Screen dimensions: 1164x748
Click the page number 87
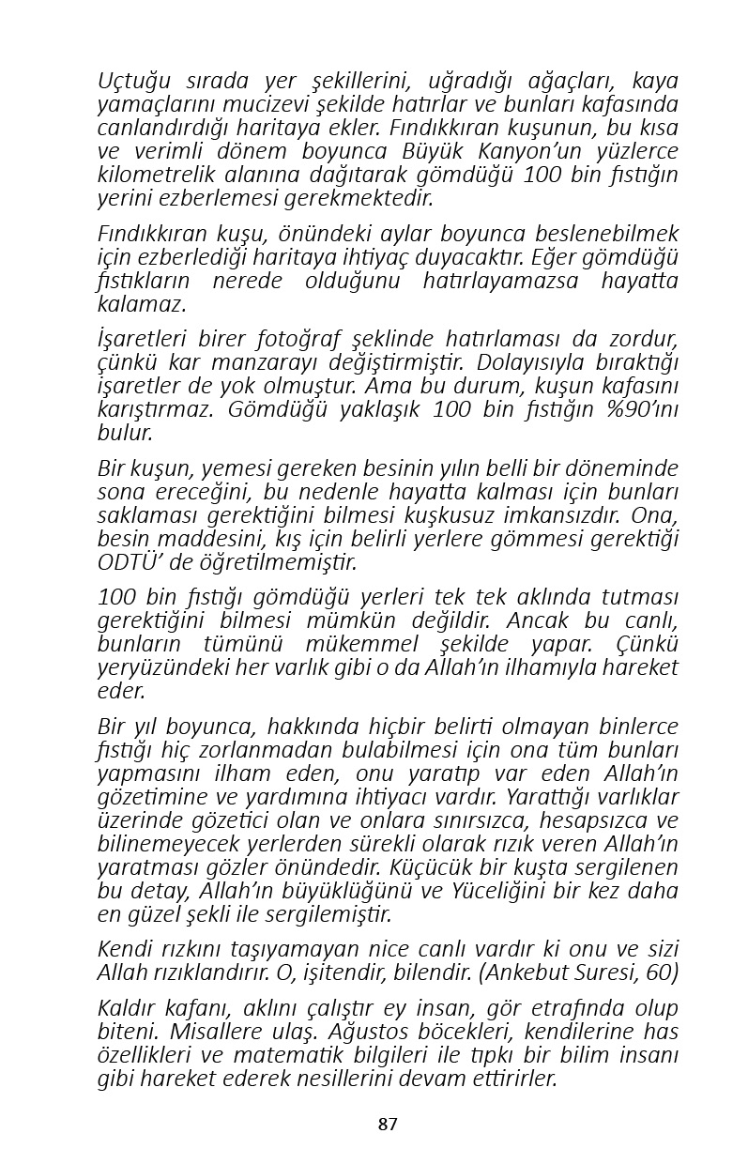click(x=388, y=1124)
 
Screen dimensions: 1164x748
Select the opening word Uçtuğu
click(x=132, y=81)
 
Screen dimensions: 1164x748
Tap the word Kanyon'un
click(x=509, y=151)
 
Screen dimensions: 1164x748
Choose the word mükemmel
click(x=361, y=645)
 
